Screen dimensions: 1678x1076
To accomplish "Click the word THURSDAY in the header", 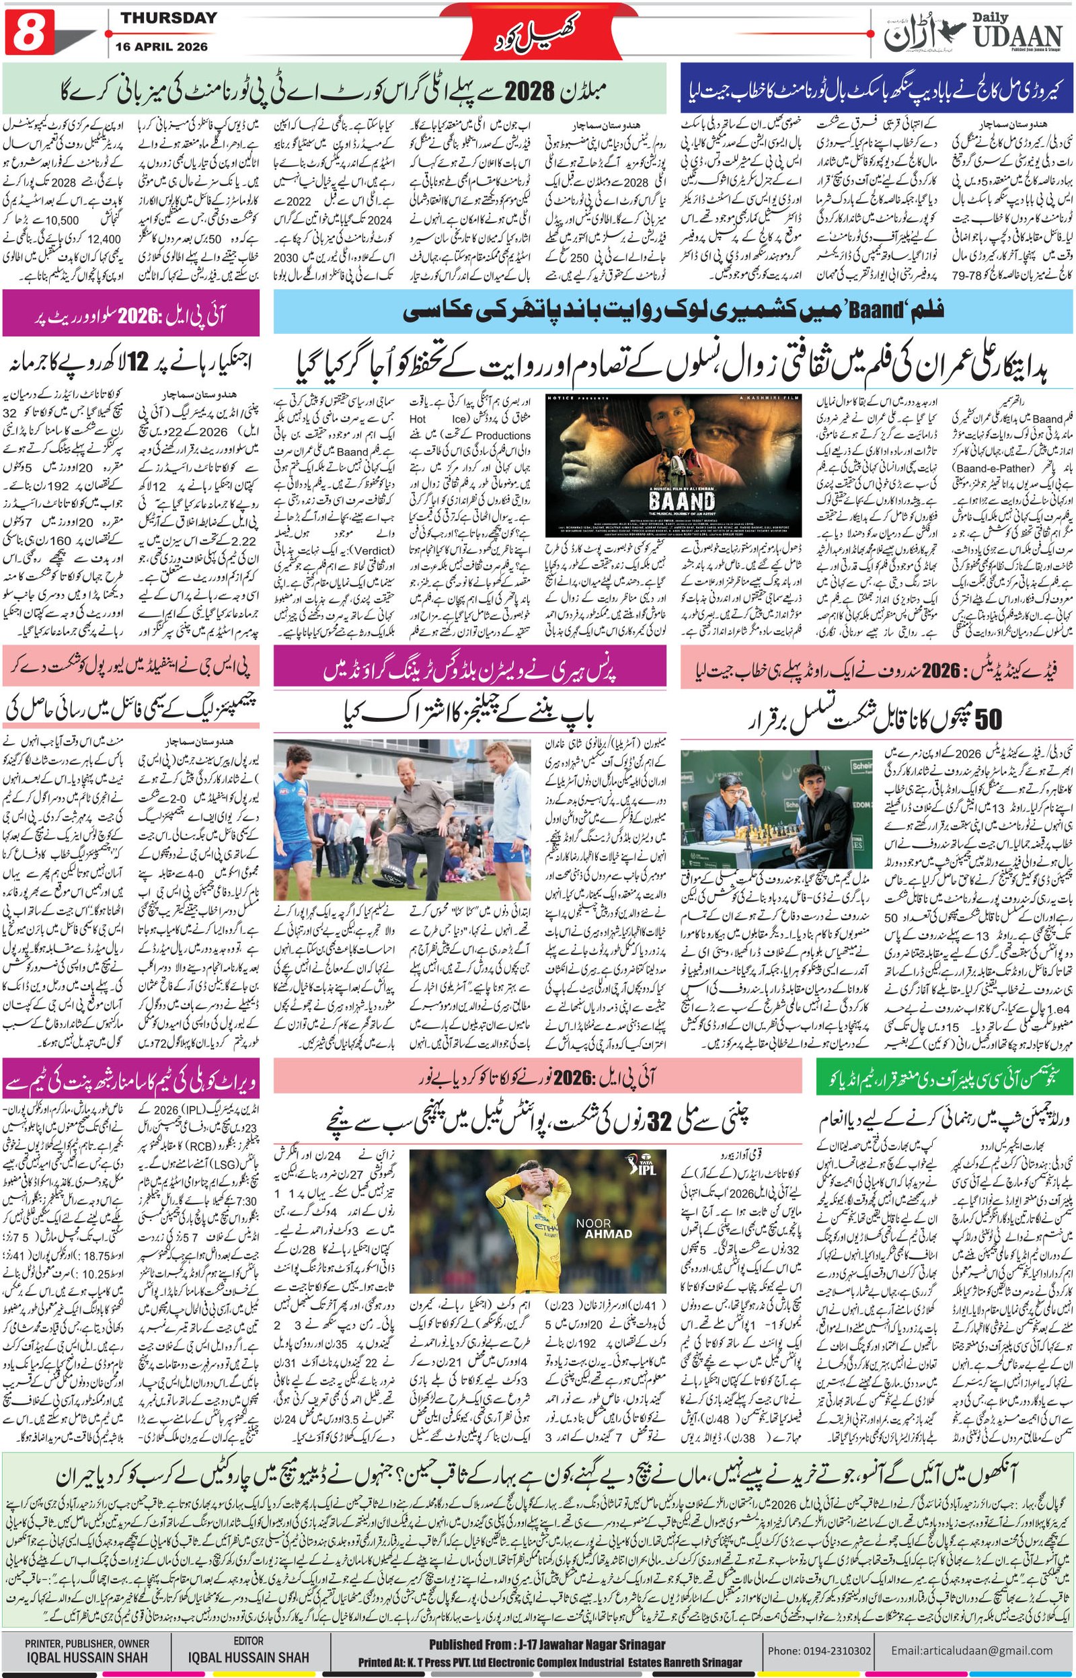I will pyautogui.click(x=168, y=18).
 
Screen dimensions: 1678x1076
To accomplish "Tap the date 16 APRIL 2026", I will pyautogui.click(x=167, y=46).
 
